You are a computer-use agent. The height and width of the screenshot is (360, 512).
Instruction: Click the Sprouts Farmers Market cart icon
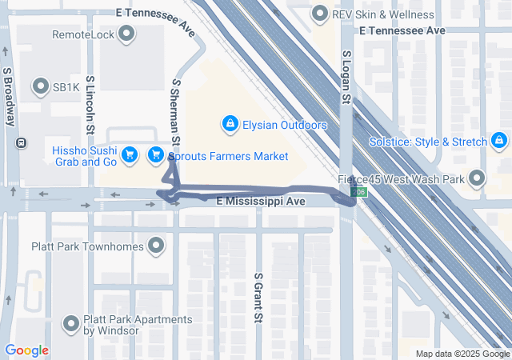(x=157, y=155)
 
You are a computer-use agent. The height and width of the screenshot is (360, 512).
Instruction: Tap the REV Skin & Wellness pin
(x=320, y=14)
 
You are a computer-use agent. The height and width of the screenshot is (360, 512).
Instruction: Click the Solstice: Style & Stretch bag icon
(x=499, y=141)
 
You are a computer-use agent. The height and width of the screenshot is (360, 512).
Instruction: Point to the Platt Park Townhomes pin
(x=156, y=246)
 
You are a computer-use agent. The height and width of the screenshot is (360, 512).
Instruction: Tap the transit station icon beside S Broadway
(x=20, y=144)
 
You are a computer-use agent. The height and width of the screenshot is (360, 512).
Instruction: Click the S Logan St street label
(x=346, y=78)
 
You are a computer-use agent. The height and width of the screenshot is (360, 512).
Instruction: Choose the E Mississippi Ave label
(x=262, y=202)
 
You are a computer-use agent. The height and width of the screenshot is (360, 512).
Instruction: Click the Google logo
(x=26, y=350)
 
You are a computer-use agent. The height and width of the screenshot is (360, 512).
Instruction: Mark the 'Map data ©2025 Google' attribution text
(x=462, y=354)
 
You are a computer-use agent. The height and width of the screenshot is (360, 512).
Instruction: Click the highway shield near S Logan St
(x=362, y=193)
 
